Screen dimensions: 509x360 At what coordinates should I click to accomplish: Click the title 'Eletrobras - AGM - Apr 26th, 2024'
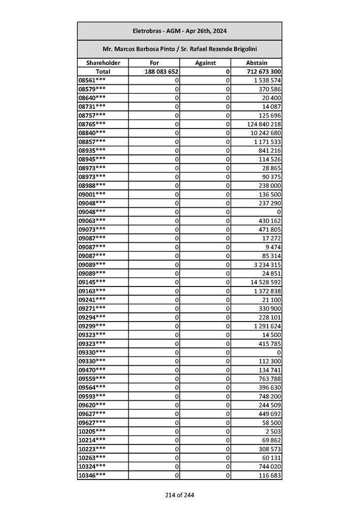tap(179, 31)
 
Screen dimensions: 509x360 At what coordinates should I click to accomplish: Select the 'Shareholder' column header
tap(103, 63)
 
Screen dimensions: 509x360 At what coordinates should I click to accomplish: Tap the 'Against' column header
tap(205, 63)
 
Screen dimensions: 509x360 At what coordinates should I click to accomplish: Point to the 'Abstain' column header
tap(256, 63)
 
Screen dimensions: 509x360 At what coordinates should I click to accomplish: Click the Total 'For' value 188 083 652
tap(161, 72)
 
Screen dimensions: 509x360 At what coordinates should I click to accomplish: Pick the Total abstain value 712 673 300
tap(264, 72)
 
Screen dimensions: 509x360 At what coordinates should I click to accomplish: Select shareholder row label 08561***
tap(92, 80)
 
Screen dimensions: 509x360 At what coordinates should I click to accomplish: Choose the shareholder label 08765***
tap(92, 124)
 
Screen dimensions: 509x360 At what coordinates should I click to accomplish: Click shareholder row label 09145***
tap(92, 282)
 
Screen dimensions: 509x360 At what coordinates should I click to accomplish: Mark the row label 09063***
tap(92, 220)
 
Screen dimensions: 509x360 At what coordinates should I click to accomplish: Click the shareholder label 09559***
tap(92, 378)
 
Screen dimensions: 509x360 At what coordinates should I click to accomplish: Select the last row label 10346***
tap(92, 475)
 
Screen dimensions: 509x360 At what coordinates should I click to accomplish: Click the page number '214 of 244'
tap(179, 495)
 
